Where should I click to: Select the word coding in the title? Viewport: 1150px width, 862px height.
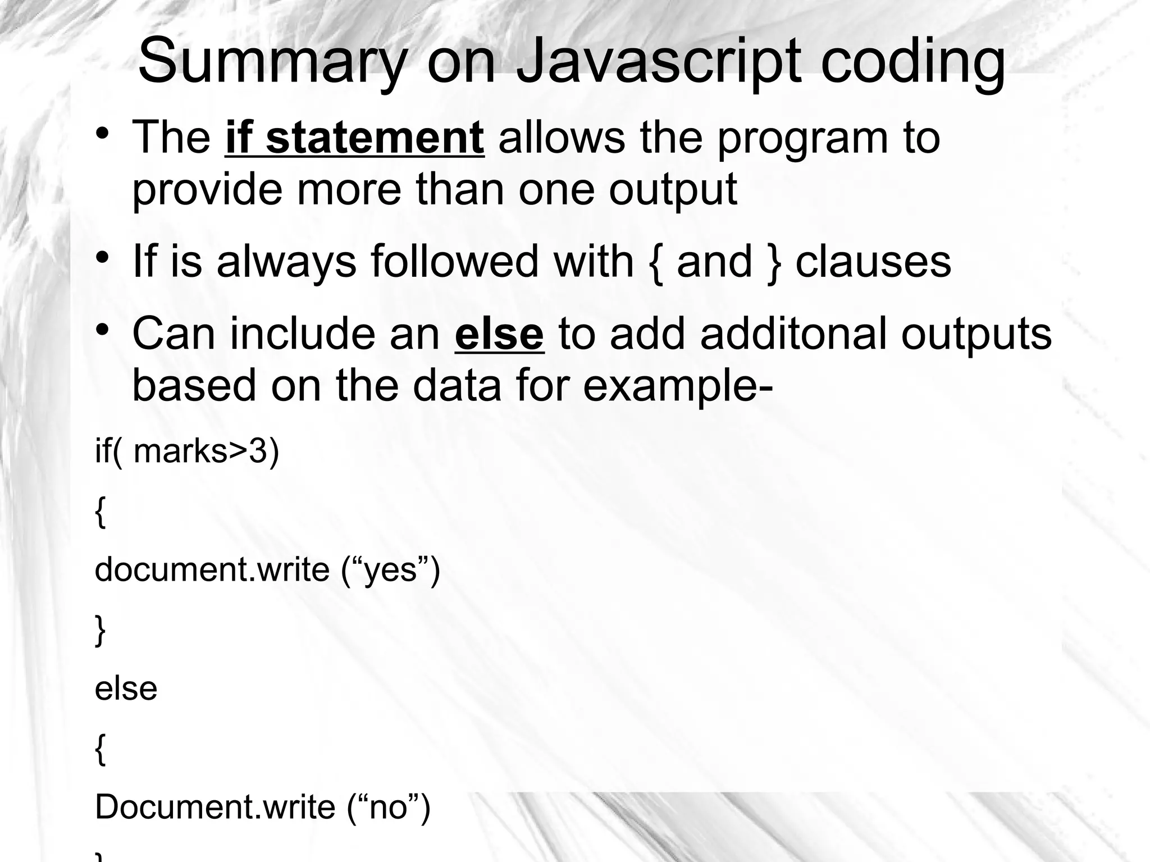coord(912,62)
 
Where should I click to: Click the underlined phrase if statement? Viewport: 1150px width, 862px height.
coord(354,138)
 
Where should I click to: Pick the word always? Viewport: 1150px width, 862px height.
coord(286,262)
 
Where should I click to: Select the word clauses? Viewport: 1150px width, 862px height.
coord(873,262)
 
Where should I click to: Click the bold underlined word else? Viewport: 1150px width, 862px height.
coord(499,335)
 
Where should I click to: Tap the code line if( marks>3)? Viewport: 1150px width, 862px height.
coord(187,451)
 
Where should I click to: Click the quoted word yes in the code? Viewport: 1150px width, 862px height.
coord(391,569)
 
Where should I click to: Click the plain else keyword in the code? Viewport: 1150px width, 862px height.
coord(126,688)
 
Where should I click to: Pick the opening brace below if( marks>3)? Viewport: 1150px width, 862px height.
coord(101,512)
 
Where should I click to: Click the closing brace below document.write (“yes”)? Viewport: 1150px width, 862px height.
coord(101,631)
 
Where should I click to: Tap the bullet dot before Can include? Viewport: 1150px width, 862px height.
coord(102,329)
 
